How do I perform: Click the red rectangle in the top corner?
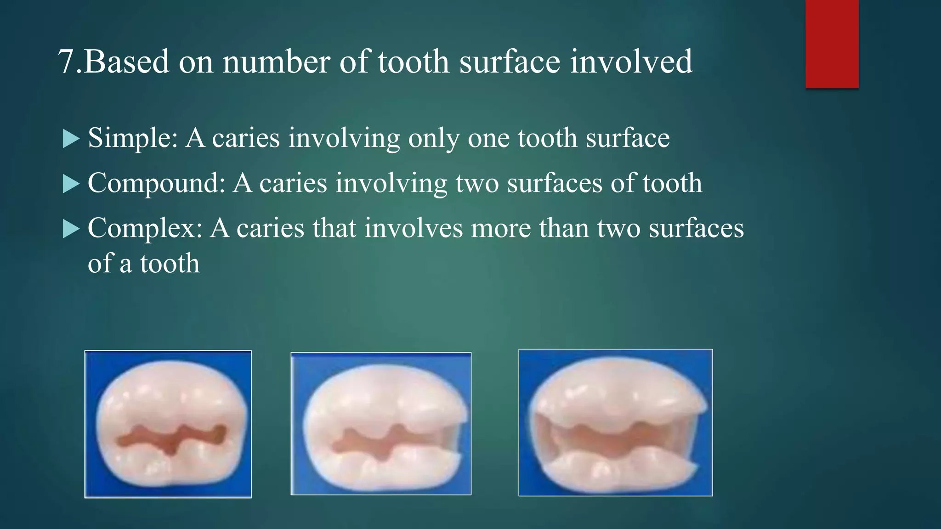point(832,44)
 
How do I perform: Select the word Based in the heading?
point(126,62)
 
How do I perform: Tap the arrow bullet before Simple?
point(71,139)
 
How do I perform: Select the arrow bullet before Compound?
point(71,184)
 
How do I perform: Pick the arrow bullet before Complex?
point(71,229)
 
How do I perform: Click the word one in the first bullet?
point(488,138)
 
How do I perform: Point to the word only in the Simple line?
point(434,138)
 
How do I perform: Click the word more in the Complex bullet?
point(501,228)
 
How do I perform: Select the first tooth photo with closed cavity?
point(168,424)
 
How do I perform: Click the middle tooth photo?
point(381,423)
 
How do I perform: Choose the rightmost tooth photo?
point(616,422)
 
